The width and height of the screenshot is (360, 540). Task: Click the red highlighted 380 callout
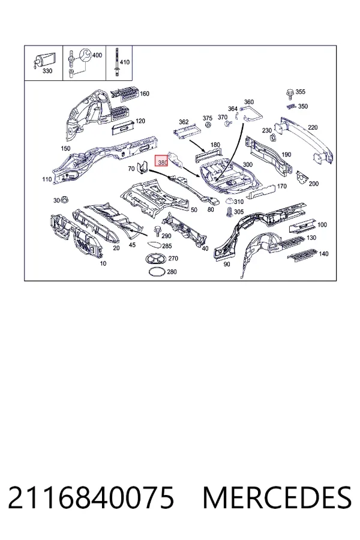(x=161, y=160)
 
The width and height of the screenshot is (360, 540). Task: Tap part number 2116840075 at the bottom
(x=91, y=497)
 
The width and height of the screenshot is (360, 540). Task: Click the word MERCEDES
(x=277, y=497)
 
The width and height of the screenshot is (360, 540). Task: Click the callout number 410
(x=124, y=62)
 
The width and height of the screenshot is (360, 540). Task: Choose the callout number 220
(x=313, y=127)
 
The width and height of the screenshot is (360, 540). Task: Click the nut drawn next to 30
(x=64, y=200)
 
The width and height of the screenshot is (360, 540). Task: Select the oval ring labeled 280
(x=157, y=271)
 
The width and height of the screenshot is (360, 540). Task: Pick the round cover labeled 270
(x=156, y=258)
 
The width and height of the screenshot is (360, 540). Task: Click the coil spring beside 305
(x=228, y=212)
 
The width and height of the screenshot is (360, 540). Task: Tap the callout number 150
(x=65, y=148)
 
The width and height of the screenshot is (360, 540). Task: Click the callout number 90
(x=226, y=264)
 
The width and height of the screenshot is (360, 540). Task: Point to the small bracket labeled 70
(x=142, y=168)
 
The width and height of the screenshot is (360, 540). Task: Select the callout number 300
(x=248, y=164)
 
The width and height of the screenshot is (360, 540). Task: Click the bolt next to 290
(x=157, y=231)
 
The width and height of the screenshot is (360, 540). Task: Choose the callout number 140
(x=323, y=254)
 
